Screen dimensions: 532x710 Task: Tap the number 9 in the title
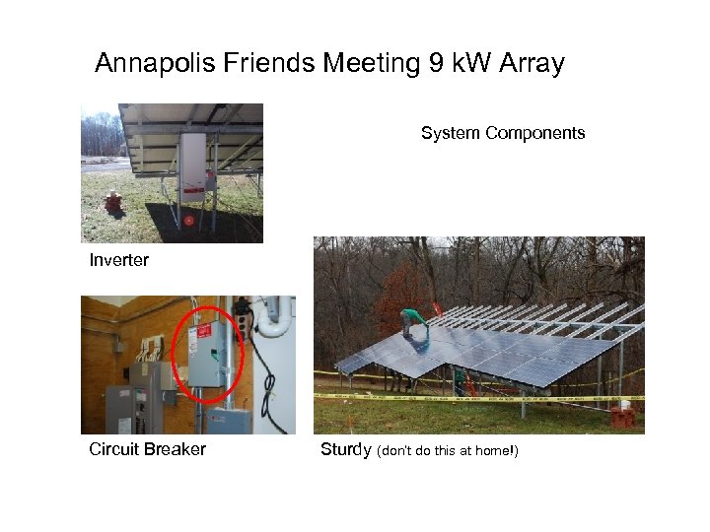pyautogui.click(x=436, y=65)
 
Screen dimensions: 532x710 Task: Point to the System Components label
pyautogui.click(x=503, y=133)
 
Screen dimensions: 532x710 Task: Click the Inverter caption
pyautogui.click(x=118, y=260)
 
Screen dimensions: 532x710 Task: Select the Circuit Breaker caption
pyautogui.click(x=147, y=450)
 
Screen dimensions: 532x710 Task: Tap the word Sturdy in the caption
pyautogui.click(x=346, y=450)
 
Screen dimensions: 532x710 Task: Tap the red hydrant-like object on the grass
pyautogui.click(x=114, y=203)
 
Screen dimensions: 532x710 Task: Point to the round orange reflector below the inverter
pyautogui.click(x=187, y=220)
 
